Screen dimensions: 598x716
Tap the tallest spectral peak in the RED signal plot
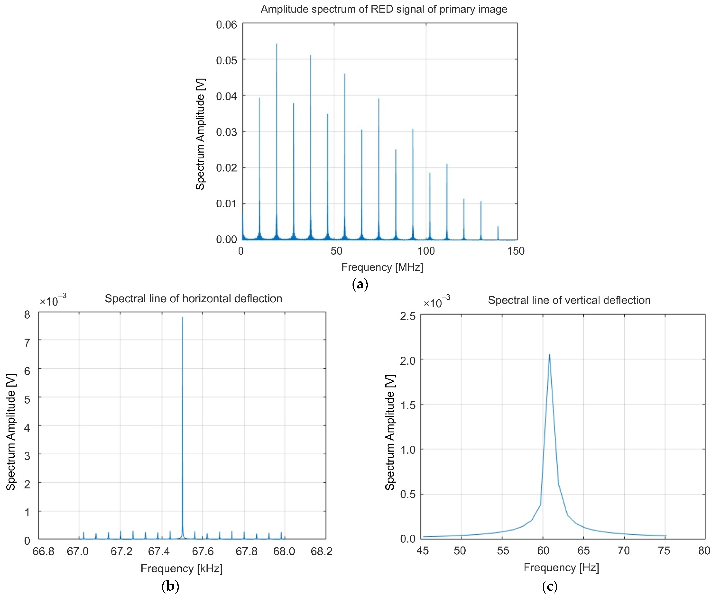coord(276,44)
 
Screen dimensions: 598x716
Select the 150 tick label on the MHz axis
coord(516,251)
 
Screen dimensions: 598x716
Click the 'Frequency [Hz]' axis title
coord(561,567)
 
